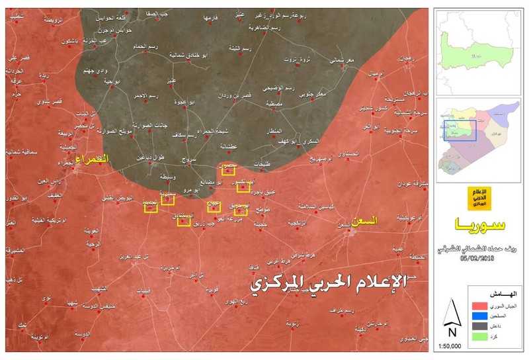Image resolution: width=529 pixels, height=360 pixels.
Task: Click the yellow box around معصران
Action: tap(228, 171)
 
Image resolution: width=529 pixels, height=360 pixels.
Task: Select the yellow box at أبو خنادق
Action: tap(183, 221)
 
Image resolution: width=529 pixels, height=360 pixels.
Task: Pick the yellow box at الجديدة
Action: tap(151, 209)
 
